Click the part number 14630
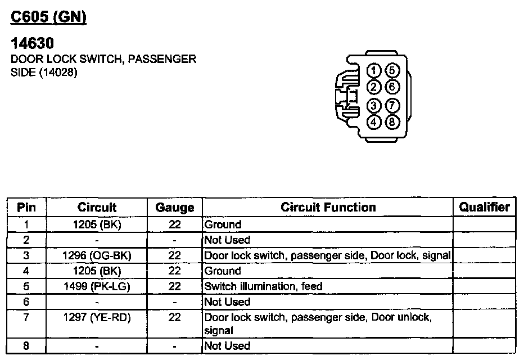pos(33,43)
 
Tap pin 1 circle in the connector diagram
pos(374,71)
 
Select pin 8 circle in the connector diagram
pos(392,121)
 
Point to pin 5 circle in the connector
pos(392,71)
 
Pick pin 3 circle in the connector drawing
pos(374,105)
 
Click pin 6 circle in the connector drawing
pos(392,87)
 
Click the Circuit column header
pos(97,207)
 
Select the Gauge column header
pos(174,208)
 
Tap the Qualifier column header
pos(484,207)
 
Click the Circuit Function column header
pos(328,207)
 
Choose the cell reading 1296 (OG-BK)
pos(97,255)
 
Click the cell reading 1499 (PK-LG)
pos(97,286)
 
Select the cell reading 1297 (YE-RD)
pos(97,318)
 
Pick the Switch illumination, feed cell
pos(263,286)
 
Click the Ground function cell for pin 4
pos(223,271)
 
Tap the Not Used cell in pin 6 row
pos(227,302)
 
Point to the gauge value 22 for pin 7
pos(174,318)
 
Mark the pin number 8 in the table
pos(26,345)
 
